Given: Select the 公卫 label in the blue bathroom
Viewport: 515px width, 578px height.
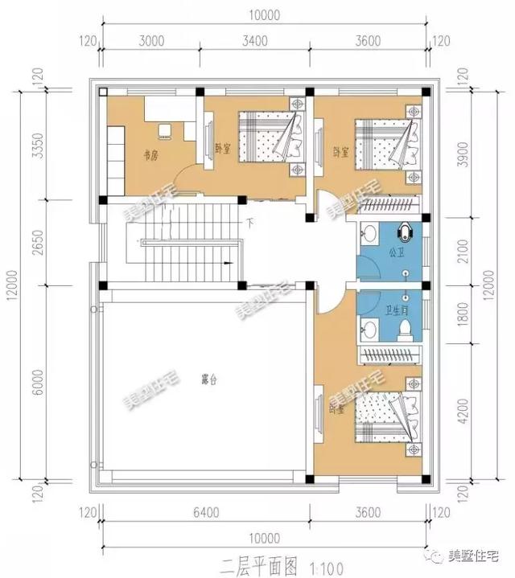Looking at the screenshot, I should click(x=396, y=253).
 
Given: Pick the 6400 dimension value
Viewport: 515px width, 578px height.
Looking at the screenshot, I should click(x=208, y=512).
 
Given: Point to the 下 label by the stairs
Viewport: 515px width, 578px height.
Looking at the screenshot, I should click(x=251, y=222).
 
